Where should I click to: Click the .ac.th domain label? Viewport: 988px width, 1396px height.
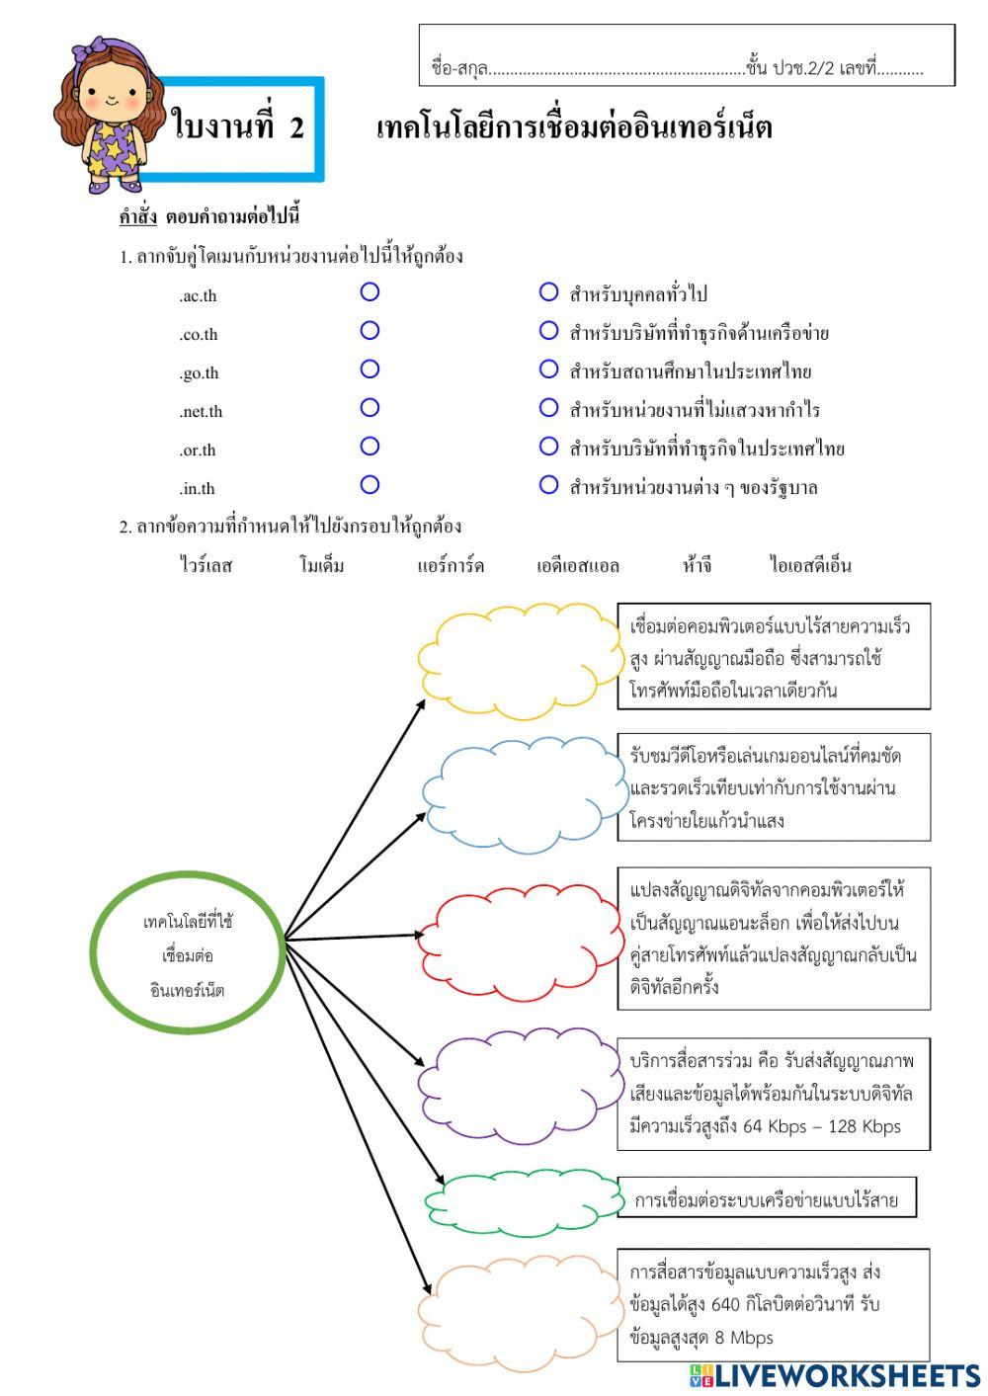pos(198,296)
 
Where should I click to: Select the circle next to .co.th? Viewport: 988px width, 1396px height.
pos(370,330)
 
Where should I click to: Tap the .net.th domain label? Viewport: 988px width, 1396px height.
pos(201,412)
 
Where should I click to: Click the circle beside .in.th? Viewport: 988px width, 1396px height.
pos(370,484)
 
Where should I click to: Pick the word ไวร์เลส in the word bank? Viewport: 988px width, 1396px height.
pos(206,566)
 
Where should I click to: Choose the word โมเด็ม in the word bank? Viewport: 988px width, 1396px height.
pos(322,566)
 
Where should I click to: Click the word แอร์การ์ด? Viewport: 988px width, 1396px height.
pos(451,566)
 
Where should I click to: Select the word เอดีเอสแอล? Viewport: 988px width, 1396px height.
pos(578,566)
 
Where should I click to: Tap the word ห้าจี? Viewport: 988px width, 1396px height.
pos(697,566)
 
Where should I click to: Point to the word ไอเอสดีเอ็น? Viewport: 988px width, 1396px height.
pos(810,566)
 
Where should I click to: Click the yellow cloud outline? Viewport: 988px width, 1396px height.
pos(522,659)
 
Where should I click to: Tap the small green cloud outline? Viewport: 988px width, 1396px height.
pos(524,1202)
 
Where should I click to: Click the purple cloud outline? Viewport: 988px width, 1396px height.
pos(522,1085)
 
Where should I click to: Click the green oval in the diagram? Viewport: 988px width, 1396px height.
pos(188,954)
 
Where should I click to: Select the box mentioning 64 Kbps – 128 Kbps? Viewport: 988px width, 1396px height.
pos(774,1094)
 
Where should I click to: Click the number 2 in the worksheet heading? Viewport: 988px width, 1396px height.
pos(296,128)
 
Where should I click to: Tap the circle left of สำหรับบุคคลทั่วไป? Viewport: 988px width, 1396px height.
pos(548,292)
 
